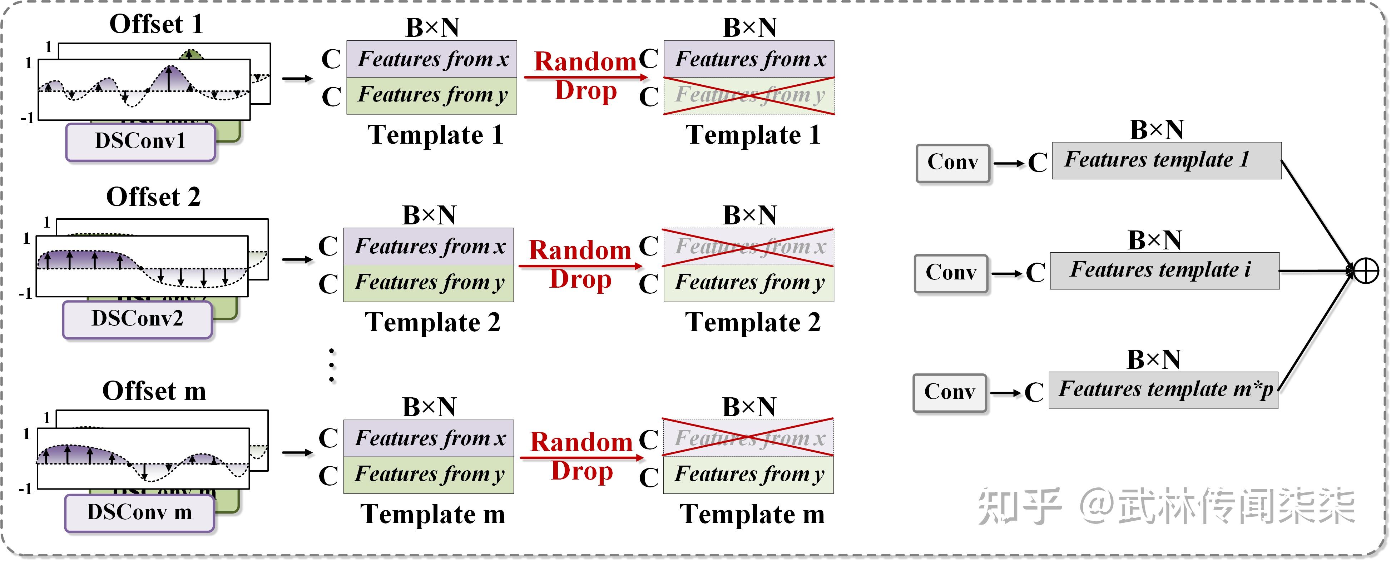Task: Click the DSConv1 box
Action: tap(140, 142)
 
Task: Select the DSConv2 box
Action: tap(137, 319)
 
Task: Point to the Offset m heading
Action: tap(154, 391)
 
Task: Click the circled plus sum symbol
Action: tap(1366, 271)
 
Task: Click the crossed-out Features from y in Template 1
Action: tap(749, 95)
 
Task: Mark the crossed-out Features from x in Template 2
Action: tap(748, 247)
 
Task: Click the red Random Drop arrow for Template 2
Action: tap(580, 265)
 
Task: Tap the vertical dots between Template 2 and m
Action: tap(332, 366)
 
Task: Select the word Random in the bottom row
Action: tap(581, 442)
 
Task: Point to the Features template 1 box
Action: tap(1166, 160)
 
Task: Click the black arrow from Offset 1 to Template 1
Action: tap(297, 79)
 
